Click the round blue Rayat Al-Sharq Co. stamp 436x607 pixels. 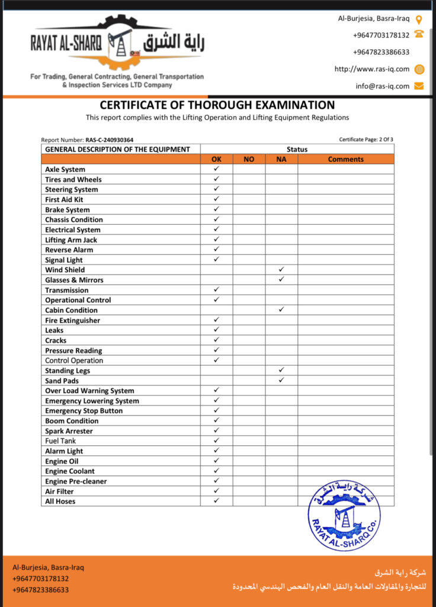[344, 515]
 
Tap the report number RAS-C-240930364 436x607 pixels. [109, 140]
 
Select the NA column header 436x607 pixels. [281, 159]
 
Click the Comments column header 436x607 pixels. [345, 159]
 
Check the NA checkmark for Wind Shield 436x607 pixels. [281, 270]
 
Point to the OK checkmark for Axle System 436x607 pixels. [216, 169]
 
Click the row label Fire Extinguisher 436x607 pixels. [73, 320]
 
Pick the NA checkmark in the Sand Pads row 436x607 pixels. [281, 380]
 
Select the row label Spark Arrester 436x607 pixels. [69, 431]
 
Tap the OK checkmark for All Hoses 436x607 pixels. [216, 501]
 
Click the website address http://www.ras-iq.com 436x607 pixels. [371, 69]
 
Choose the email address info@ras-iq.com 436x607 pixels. [382, 86]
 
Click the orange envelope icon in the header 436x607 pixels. [419, 86]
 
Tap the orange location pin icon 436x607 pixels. [419, 19]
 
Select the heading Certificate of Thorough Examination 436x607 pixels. [217, 105]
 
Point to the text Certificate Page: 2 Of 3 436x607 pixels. [366, 140]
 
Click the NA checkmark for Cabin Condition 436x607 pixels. [281, 309]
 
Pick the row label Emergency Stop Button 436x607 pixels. [84, 411]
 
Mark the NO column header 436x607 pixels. [249, 159]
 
